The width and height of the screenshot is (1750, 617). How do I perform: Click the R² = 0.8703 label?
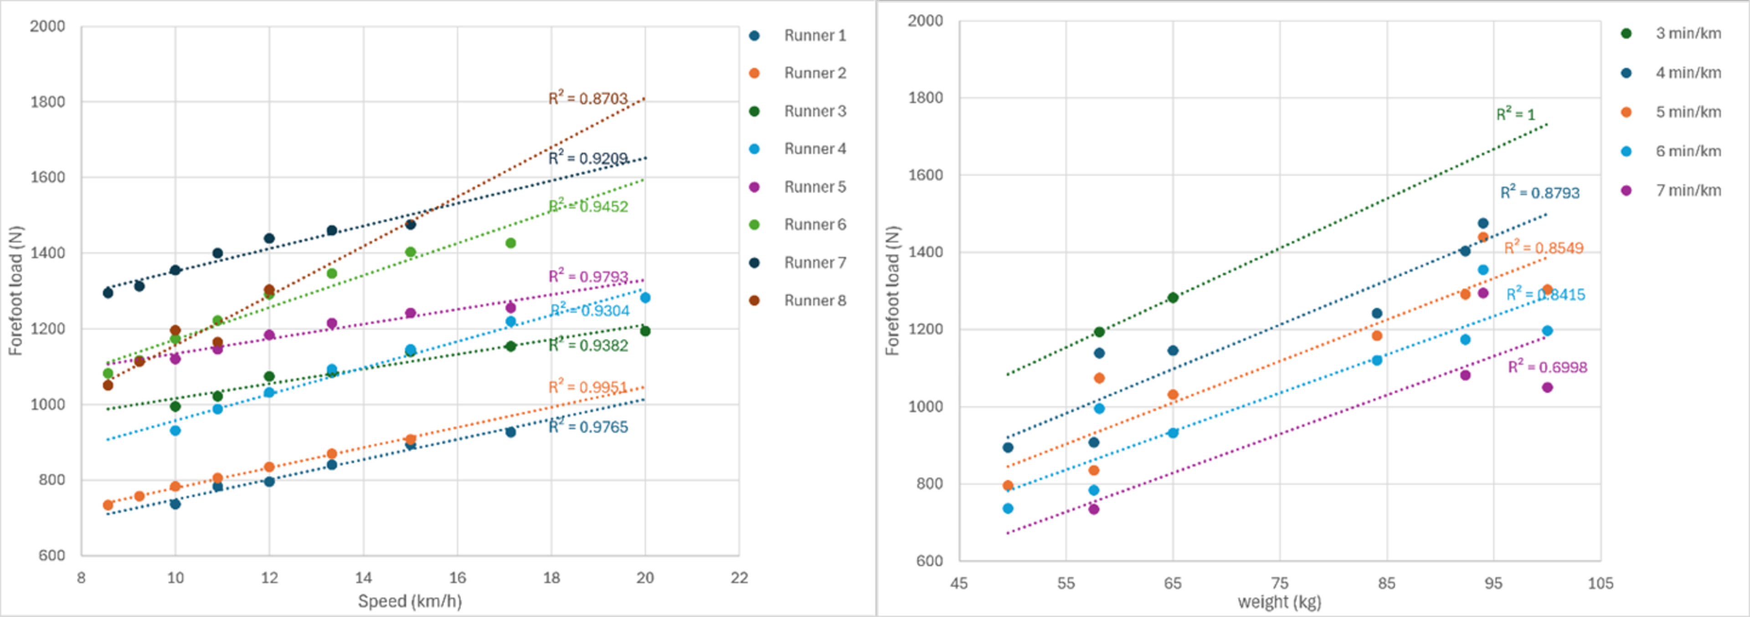coord(587,98)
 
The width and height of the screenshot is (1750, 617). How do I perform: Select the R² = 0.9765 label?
coord(587,427)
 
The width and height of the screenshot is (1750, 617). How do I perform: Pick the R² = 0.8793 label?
coord(1539,192)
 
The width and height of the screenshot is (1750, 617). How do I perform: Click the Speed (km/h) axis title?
coord(410,601)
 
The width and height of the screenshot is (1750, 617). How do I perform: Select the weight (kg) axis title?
coord(1279,602)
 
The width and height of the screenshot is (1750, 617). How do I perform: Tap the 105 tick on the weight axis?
coord(1601,583)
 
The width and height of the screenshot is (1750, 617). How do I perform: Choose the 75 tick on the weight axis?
coord(1279,583)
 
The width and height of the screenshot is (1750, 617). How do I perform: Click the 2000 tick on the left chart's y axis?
coord(47,26)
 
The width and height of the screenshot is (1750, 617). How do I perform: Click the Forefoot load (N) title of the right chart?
coord(892,291)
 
